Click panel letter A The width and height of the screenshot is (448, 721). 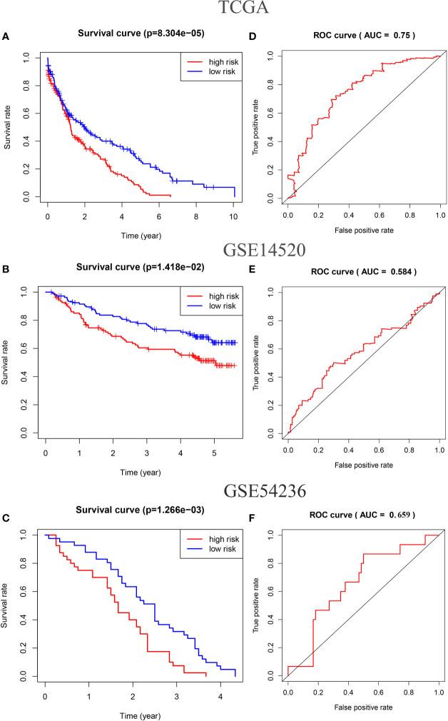[x=6, y=35]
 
